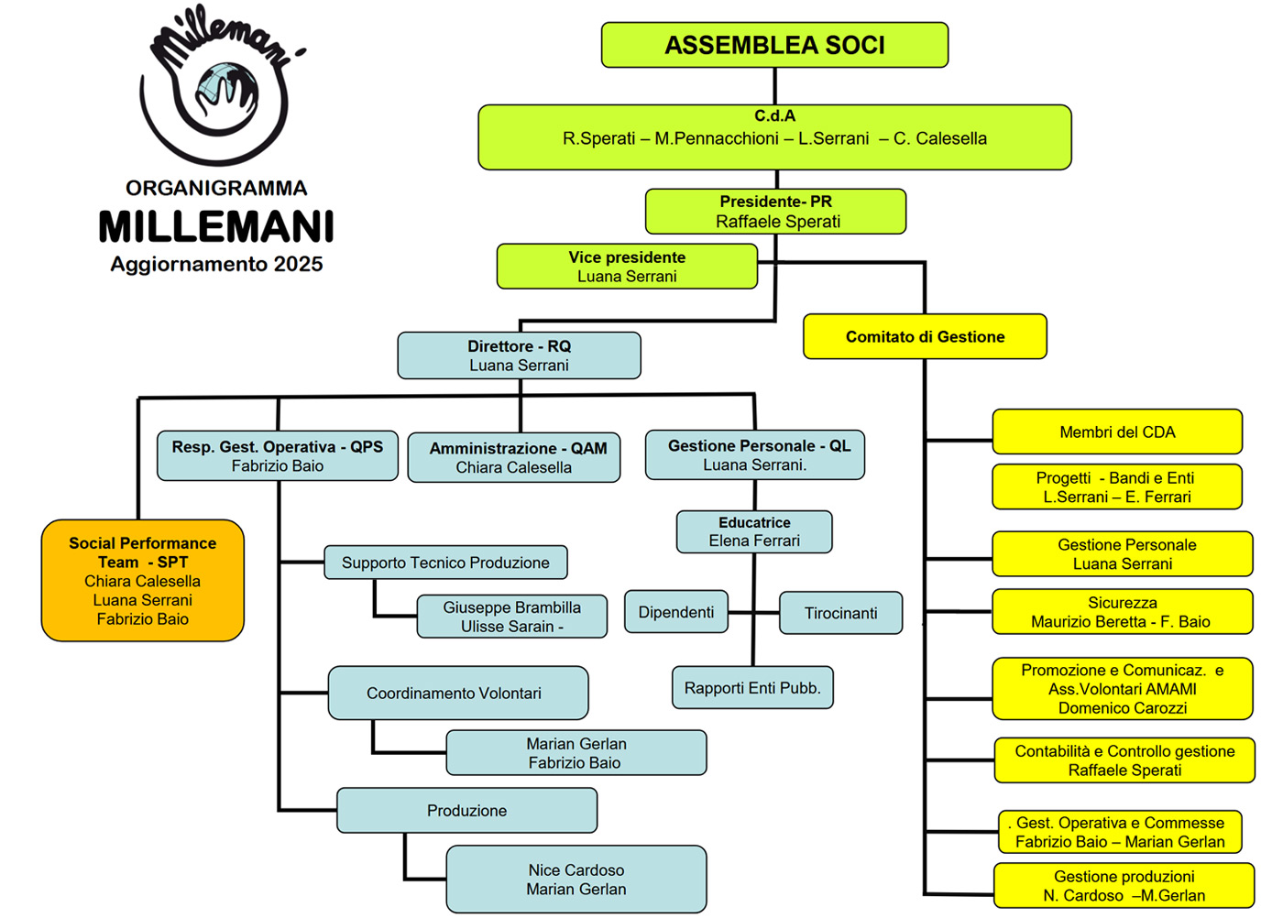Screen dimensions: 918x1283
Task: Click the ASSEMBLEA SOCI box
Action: pyautogui.click(x=774, y=45)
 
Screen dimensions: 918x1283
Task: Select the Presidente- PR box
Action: pyautogui.click(x=775, y=212)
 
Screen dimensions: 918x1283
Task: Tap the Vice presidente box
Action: pyautogui.click(x=627, y=267)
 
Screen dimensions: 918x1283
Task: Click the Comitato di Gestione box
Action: pyautogui.click(x=925, y=337)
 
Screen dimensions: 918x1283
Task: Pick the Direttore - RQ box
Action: pyautogui.click(x=519, y=355)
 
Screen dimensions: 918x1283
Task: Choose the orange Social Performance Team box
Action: pyautogui.click(x=143, y=581)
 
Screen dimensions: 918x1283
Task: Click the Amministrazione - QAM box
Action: pyautogui.click(x=514, y=457)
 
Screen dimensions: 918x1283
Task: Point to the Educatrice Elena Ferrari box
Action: pyautogui.click(x=754, y=532)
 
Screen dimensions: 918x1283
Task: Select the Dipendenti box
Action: pyautogui.click(x=676, y=612)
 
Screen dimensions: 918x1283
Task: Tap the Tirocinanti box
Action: pyautogui.click(x=840, y=613)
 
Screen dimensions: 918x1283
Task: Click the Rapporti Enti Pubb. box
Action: pyautogui.click(x=752, y=688)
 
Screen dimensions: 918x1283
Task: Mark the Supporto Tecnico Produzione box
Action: pyautogui.click(x=445, y=563)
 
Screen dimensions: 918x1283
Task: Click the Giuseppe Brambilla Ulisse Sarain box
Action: pyautogui.click(x=511, y=617)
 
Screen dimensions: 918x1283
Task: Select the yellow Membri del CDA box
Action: pyautogui.click(x=1117, y=432)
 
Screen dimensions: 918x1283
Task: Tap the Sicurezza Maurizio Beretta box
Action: pyautogui.click(x=1122, y=612)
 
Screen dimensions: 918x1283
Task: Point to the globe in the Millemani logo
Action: pyautogui.click(x=220, y=84)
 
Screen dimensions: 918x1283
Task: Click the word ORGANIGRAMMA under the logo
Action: pyautogui.click(x=216, y=189)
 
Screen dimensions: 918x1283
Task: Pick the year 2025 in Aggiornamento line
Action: pyautogui.click(x=298, y=265)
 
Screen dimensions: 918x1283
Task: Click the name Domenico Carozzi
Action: pyautogui.click(x=1123, y=708)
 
